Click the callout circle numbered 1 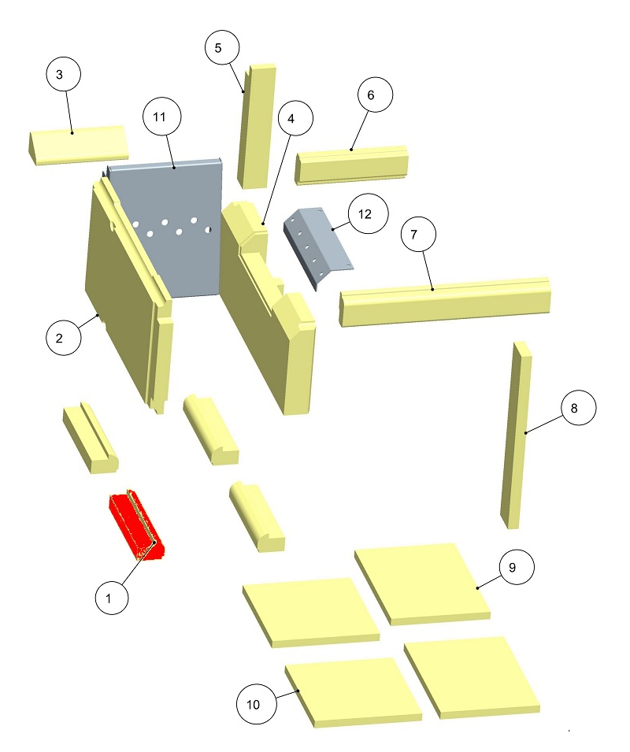coord(112,598)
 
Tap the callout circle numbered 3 coord(63,74)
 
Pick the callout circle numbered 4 coord(295,118)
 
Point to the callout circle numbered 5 coord(222,47)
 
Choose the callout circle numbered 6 coord(375,94)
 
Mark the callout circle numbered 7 coord(418,234)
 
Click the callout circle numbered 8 coord(578,408)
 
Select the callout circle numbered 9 coord(517,567)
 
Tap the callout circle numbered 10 coord(257,704)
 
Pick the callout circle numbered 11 coord(162,117)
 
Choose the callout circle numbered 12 coord(369,214)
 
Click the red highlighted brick coord(135,525)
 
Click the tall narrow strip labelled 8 coord(516,435)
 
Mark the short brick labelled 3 coord(77,146)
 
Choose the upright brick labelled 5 coord(257,126)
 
